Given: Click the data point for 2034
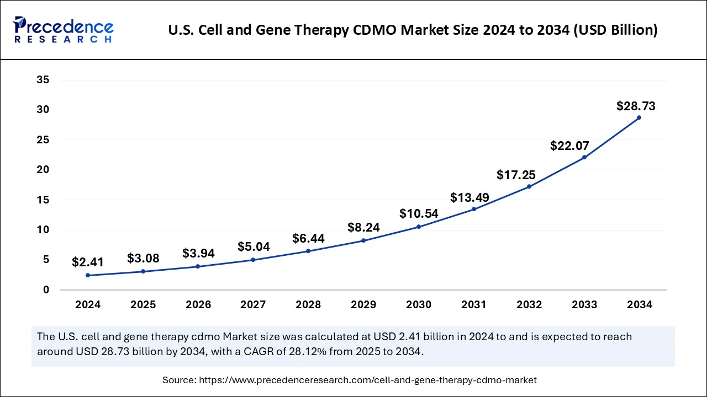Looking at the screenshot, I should click(x=639, y=117).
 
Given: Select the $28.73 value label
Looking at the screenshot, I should click(x=636, y=106).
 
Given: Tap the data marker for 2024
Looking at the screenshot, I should click(x=88, y=275).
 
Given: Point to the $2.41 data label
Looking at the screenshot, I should click(x=88, y=262).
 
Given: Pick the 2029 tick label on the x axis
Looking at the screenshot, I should click(x=363, y=305).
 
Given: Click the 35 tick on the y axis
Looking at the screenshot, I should click(x=43, y=80).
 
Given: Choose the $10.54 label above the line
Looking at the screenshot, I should click(x=418, y=213).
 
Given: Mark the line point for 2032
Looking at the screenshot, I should click(x=529, y=186).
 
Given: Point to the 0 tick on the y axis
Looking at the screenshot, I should click(x=46, y=290).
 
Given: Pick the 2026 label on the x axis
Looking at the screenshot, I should click(x=198, y=305).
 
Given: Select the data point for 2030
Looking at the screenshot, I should click(x=419, y=227).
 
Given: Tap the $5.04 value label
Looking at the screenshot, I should click(x=254, y=246).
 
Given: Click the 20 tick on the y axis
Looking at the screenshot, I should click(x=43, y=170).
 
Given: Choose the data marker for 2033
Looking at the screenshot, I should click(x=584, y=157).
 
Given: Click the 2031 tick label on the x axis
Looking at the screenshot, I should click(x=474, y=305).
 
